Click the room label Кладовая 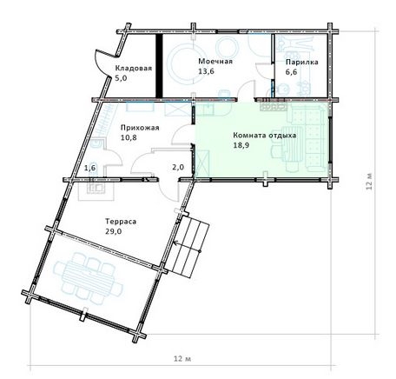[x=134, y=69]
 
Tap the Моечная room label [x=215, y=62]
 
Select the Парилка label [x=302, y=62]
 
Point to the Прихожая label [x=140, y=128]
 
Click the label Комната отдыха [x=265, y=136]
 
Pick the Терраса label [x=121, y=222]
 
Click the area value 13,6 [x=206, y=71]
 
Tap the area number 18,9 [x=241, y=145]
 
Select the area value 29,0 [x=113, y=231]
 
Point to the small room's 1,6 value [x=89, y=168]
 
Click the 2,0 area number [x=178, y=167]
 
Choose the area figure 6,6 [x=292, y=72]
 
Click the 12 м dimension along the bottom [x=182, y=359]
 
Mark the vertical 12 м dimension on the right [x=368, y=182]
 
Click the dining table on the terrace [x=89, y=278]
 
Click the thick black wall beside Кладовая [x=159, y=66]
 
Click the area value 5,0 [x=121, y=78]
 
